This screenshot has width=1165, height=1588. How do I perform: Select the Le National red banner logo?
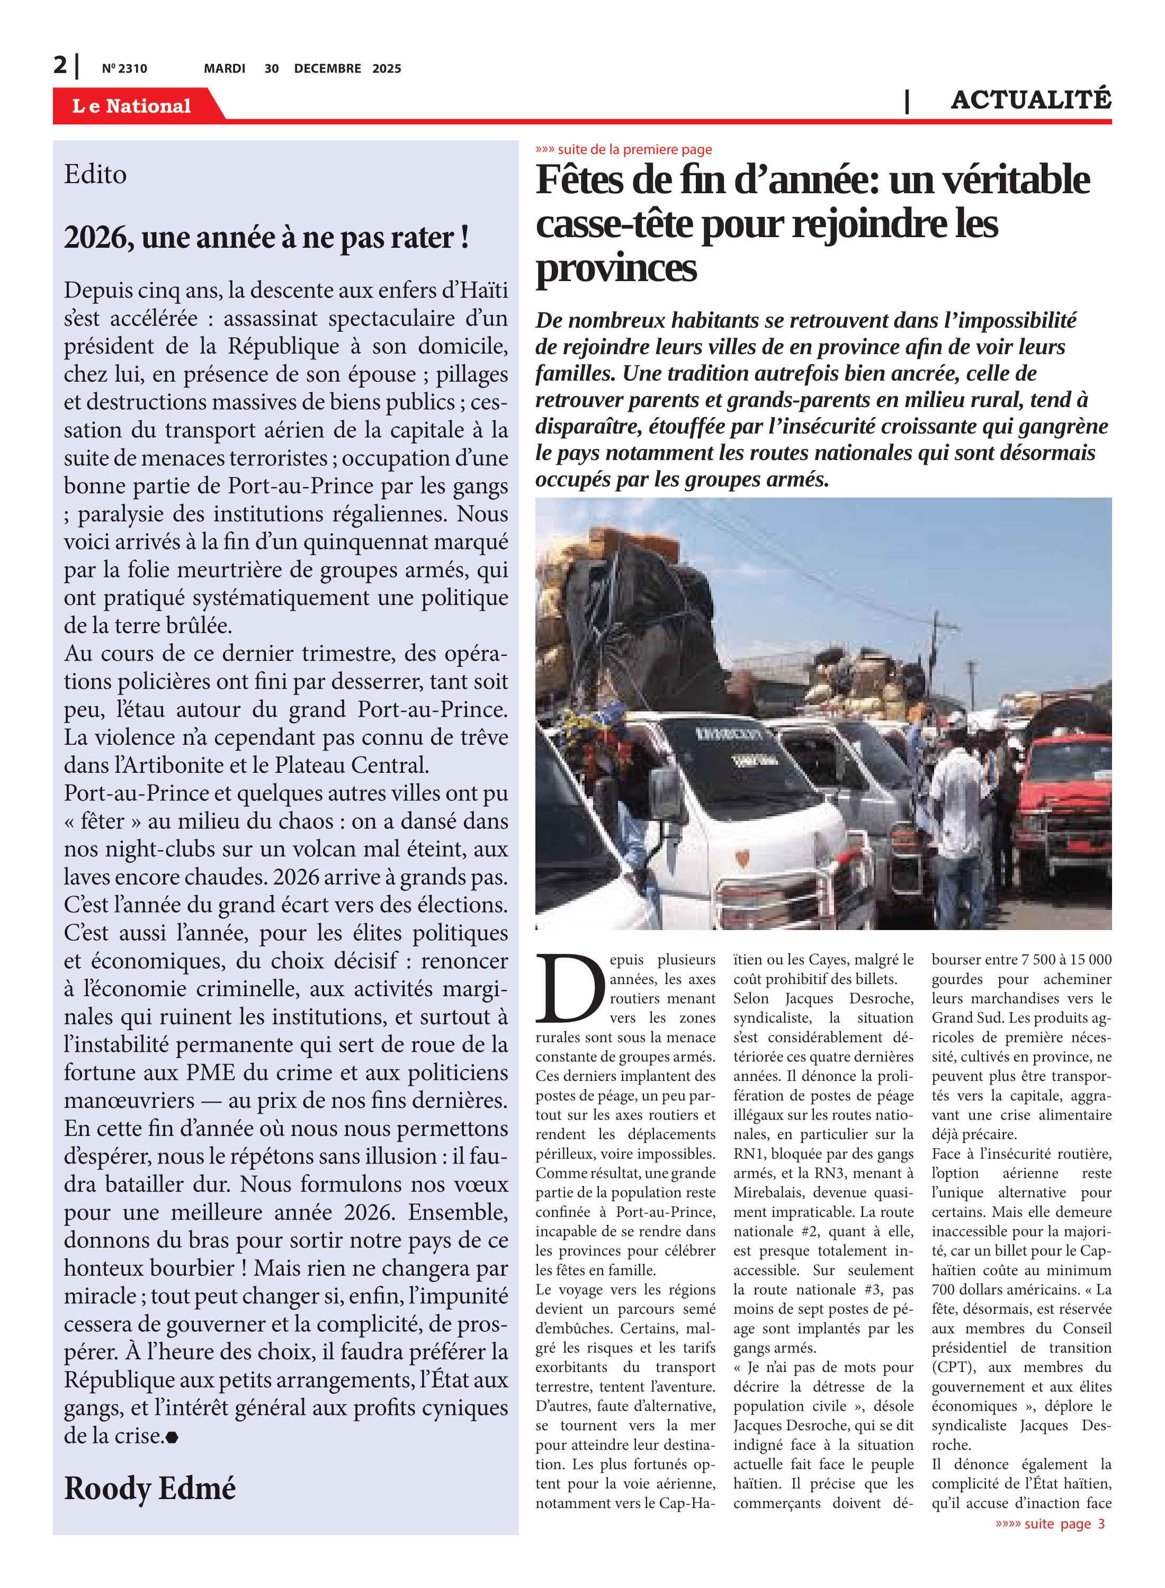pyautogui.click(x=132, y=106)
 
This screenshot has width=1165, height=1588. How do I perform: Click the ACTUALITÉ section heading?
pyautogui.click(x=1030, y=100)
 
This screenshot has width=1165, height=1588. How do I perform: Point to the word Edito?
pyautogui.click(x=95, y=175)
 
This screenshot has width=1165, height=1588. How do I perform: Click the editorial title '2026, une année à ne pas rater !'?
pyautogui.click(x=266, y=238)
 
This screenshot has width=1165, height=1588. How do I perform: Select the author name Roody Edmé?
pyautogui.click(x=149, y=1488)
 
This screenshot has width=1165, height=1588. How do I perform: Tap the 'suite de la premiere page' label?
pyautogui.click(x=624, y=149)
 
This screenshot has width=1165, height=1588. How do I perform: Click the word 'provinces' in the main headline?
pyautogui.click(x=616, y=268)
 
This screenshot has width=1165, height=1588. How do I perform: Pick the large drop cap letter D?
pyautogui.click(x=570, y=988)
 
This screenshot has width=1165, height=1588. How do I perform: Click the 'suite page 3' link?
pyautogui.click(x=1050, y=1523)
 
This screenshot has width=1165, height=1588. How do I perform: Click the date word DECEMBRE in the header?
pyautogui.click(x=327, y=68)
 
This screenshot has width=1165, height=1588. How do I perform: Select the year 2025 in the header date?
pyautogui.click(x=387, y=68)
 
